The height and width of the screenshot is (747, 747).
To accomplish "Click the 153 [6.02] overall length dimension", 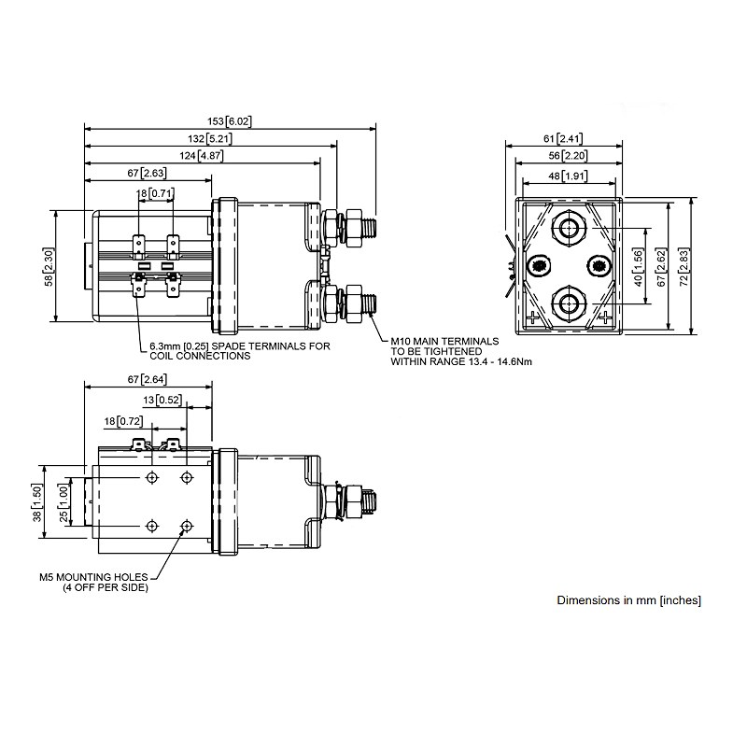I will [229, 121].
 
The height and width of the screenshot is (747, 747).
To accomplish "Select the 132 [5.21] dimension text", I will [210, 138].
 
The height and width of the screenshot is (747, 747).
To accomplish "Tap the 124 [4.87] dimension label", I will [204, 155].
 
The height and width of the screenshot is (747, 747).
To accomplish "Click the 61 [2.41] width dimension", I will [564, 138].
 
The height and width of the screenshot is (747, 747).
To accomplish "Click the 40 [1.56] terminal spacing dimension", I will [639, 266].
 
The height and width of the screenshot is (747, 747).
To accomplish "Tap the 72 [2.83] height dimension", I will [695, 266].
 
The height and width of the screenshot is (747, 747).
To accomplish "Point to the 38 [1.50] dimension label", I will [36, 504].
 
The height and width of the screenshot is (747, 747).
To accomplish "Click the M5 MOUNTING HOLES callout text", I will [92, 582].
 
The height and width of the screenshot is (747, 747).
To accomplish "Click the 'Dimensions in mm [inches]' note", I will [628, 600].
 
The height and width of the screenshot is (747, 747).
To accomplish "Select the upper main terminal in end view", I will [569, 228].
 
